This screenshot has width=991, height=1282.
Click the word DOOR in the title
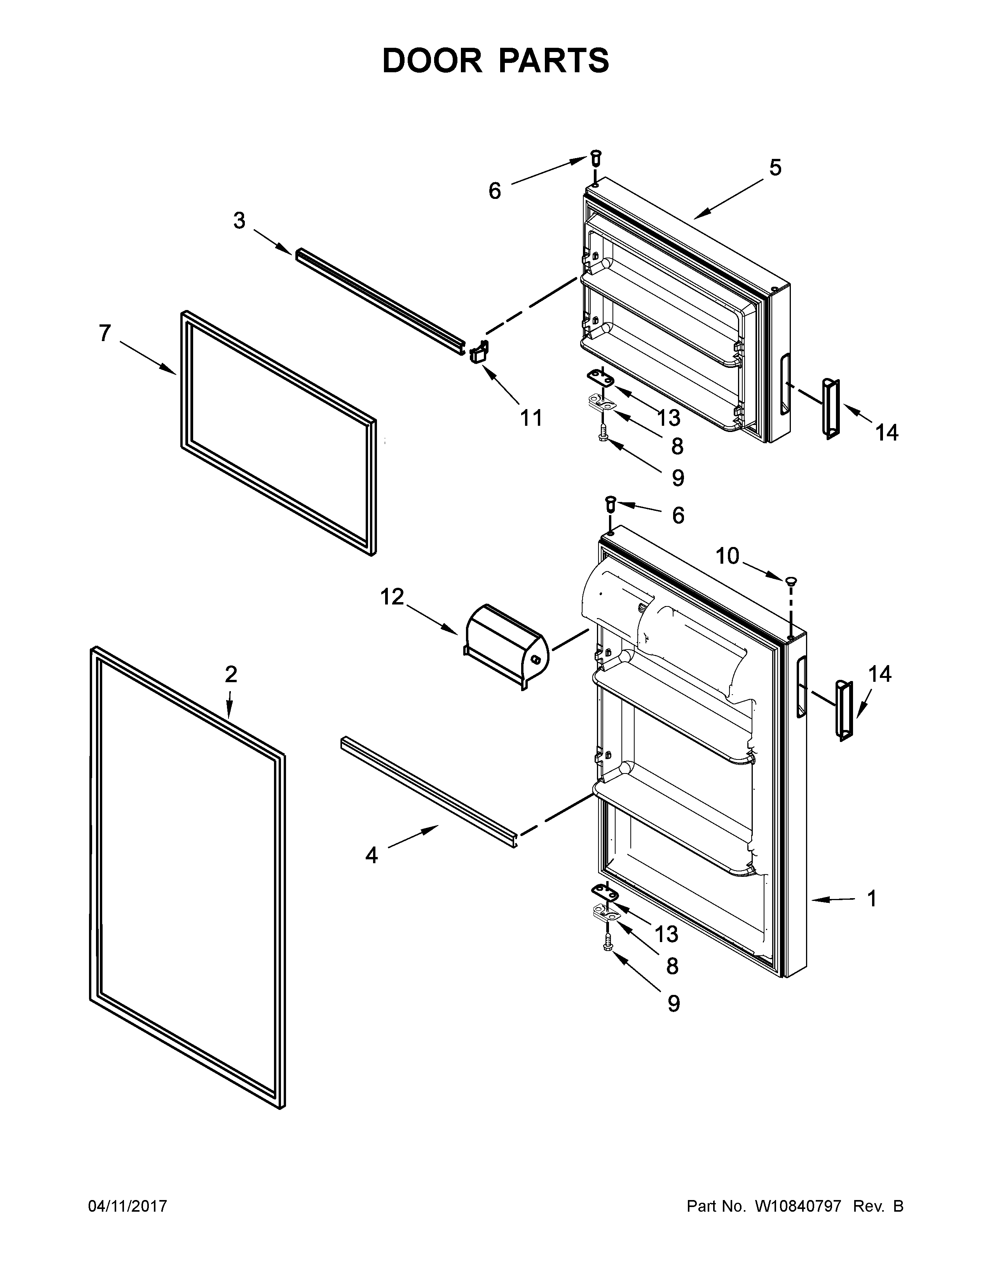click(x=431, y=61)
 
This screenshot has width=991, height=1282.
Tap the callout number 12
click(x=392, y=597)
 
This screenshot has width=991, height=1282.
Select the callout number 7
click(x=105, y=333)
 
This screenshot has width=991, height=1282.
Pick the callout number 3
click(x=239, y=221)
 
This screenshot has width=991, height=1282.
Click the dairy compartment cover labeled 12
click(x=506, y=646)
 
